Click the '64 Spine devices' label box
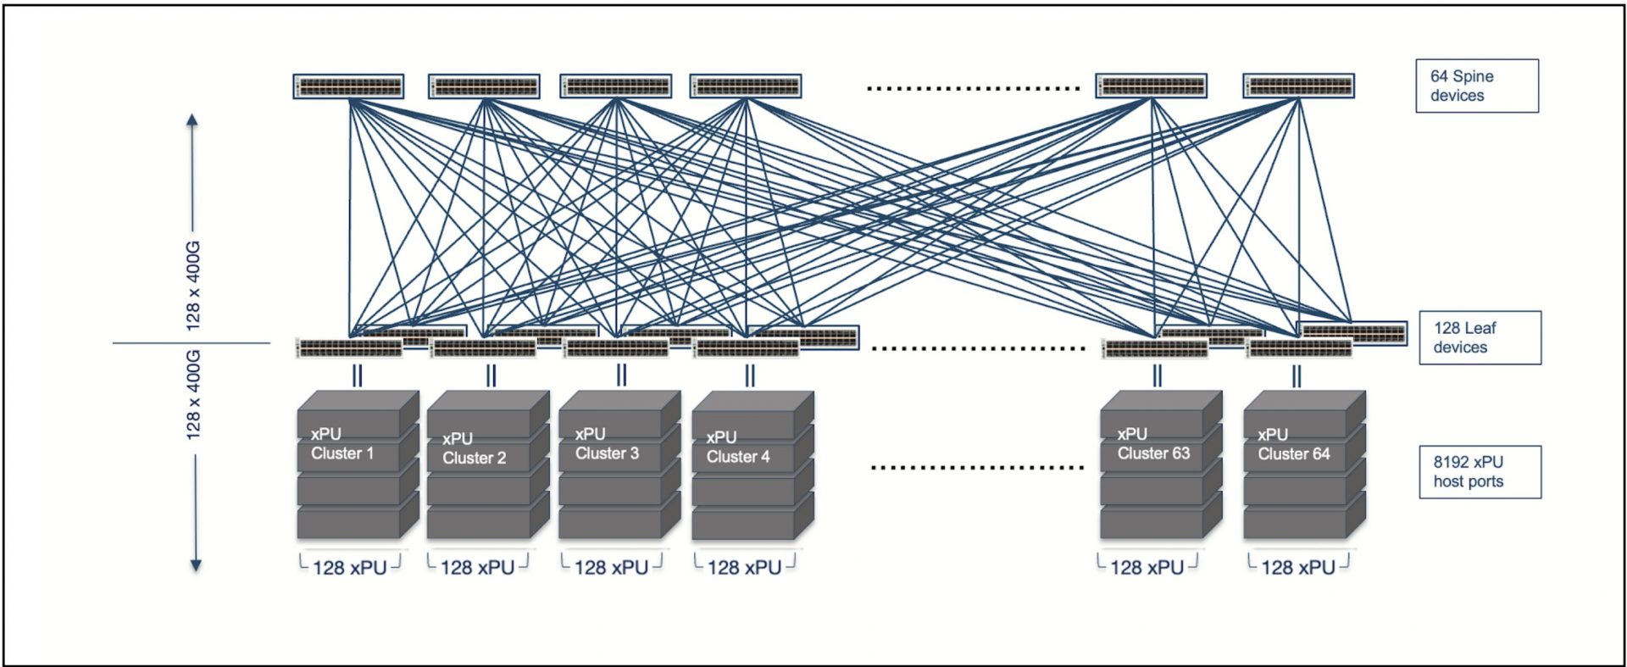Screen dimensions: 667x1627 1476,86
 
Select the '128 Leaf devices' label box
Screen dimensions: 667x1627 1480,337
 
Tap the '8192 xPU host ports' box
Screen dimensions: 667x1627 1480,472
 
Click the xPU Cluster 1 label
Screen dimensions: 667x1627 342,443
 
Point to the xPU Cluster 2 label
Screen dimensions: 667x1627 473,448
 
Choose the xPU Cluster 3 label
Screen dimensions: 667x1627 606,443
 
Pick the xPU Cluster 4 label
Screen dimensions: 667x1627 737,447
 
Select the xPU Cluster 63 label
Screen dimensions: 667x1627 1152,443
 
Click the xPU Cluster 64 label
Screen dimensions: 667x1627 1293,443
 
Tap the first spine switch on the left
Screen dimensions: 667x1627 348,86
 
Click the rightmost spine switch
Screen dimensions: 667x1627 1298,86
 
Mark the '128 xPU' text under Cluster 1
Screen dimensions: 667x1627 349,568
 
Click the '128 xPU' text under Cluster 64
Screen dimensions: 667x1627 1297,568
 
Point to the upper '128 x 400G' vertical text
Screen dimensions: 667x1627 193,285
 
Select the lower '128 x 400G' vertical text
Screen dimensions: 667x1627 193,395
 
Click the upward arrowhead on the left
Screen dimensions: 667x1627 192,120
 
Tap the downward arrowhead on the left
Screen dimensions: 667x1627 195,565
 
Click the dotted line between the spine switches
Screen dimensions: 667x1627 973,88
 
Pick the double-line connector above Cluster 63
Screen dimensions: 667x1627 1157,375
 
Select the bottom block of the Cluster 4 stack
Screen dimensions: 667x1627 744,525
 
